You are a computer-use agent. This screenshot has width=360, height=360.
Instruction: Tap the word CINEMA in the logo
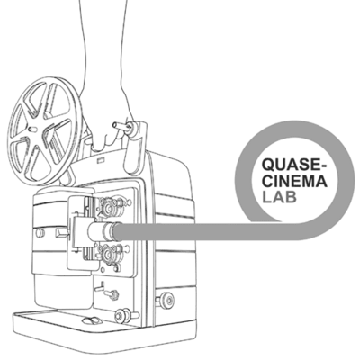294,181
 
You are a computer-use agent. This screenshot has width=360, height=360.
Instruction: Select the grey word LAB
279,197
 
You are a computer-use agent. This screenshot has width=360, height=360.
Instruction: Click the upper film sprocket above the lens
109,207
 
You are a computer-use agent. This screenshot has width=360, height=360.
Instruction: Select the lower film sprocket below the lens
109,256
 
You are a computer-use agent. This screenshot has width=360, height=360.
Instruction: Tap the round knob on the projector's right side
166,299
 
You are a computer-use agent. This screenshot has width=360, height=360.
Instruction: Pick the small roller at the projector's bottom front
123,315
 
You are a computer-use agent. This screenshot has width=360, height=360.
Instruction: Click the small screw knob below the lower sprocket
113,294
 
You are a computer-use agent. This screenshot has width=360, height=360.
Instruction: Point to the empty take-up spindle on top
121,126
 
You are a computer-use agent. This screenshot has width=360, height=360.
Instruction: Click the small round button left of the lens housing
40,233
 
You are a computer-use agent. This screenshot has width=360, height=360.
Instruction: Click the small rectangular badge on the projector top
100,160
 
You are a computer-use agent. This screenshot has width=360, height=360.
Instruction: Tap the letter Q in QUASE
267,165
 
